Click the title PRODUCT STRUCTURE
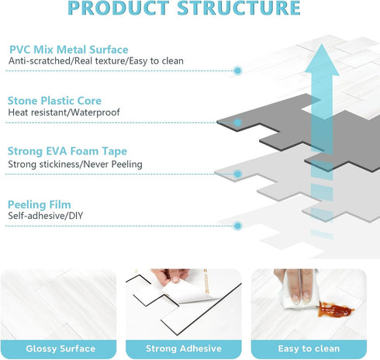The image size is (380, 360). pyautogui.click(x=184, y=8)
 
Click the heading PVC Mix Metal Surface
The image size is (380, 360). pyautogui.click(x=69, y=50)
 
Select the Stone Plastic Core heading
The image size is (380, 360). pyautogui.click(x=54, y=101)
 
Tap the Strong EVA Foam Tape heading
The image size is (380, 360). pyautogui.click(x=67, y=151)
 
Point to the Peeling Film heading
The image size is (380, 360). pyautogui.click(x=40, y=204)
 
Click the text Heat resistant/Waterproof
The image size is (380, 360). pyautogui.click(x=64, y=112)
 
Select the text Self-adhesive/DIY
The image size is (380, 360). pyautogui.click(x=46, y=216)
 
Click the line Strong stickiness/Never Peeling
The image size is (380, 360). pyautogui.click(x=75, y=164)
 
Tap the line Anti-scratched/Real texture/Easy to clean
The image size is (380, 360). pyautogui.click(x=96, y=61)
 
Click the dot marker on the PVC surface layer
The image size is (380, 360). pyautogui.click(x=237, y=71)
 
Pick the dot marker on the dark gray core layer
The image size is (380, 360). pyautogui.click(x=237, y=123)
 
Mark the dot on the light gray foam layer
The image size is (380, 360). pyautogui.click(x=237, y=174)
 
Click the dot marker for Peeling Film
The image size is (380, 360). pyautogui.click(x=237, y=226)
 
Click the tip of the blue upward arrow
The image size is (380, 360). pyautogui.click(x=322, y=44)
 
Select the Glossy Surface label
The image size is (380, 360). pyautogui.click(x=60, y=348)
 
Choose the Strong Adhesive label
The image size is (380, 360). pyautogui.click(x=184, y=348)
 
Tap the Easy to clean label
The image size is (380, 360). pyautogui.click(x=309, y=348)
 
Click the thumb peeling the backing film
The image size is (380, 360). pyautogui.click(x=176, y=277)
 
